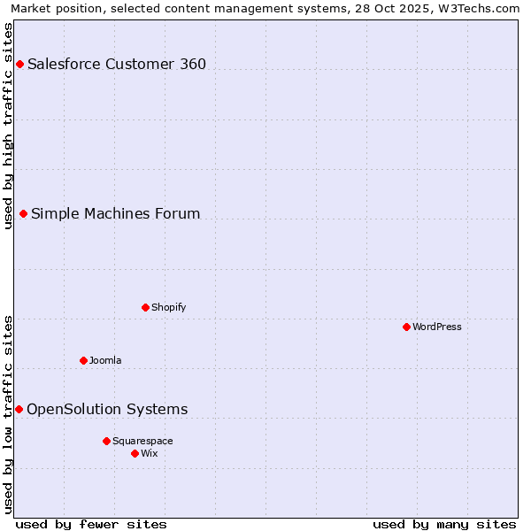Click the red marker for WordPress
pyautogui.click(x=406, y=327)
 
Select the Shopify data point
pyautogui.click(x=145, y=307)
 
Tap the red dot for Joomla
pyautogui.click(x=83, y=360)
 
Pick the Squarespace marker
pyautogui.click(x=106, y=441)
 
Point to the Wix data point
pyautogui.click(x=135, y=453)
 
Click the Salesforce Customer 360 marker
pyautogui.click(x=19, y=64)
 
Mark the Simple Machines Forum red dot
pyautogui.click(x=23, y=213)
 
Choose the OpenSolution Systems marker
pyautogui.click(x=19, y=409)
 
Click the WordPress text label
pyautogui.click(x=437, y=327)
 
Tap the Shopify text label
pyautogui.click(x=168, y=307)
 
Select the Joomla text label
pyautogui.click(x=105, y=360)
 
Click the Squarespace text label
pyautogui.click(x=142, y=441)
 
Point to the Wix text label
pyautogui.click(x=149, y=453)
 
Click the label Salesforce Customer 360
pyautogui.click(x=117, y=64)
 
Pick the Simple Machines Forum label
pyautogui.click(x=116, y=213)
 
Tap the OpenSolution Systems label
pyautogui.click(x=107, y=409)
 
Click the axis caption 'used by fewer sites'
pyautogui.click(x=91, y=524)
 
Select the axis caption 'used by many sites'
pyautogui.click(x=444, y=524)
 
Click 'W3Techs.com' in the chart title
pyautogui.click(x=481, y=8)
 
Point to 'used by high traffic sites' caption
pyautogui.click(x=8, y=126)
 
